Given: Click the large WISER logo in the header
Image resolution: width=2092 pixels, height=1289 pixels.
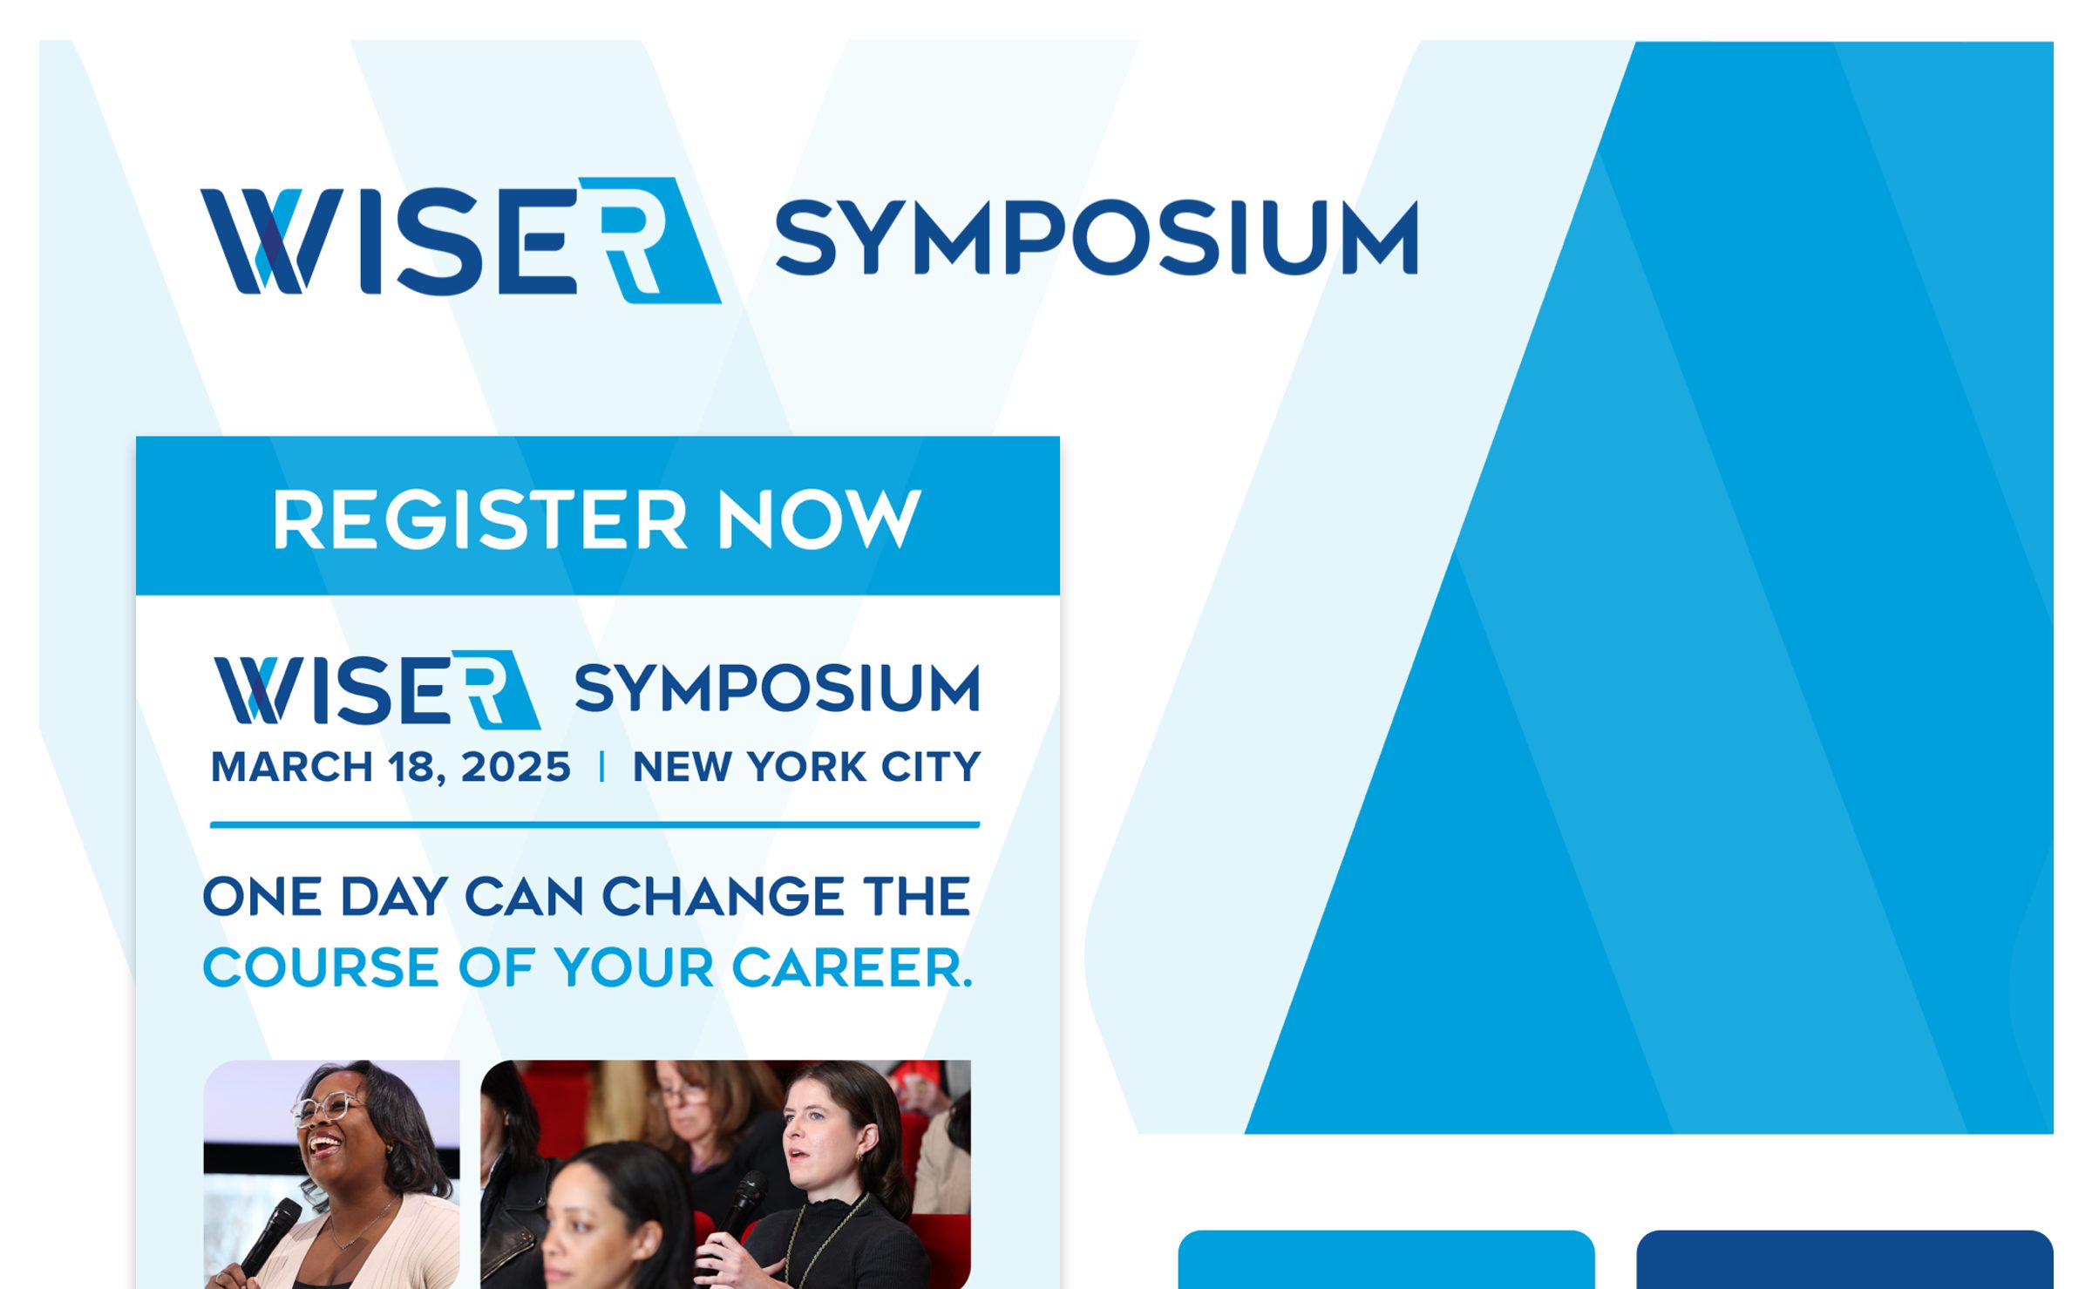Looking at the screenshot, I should (x=460, y=240).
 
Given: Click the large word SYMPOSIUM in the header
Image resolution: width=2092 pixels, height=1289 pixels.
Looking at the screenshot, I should (x=1097, y=237).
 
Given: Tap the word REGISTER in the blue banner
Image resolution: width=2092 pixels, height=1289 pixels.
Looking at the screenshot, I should (x=479, y=520).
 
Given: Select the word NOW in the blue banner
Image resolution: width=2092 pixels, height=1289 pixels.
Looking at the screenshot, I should (x=818, y=520).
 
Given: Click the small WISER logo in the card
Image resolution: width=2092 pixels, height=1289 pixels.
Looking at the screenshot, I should (x=377, y=690).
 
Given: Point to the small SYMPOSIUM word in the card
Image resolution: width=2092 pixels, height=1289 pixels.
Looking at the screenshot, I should (x=777, y=689).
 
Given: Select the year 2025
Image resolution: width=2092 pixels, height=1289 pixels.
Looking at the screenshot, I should (x=515, y=768).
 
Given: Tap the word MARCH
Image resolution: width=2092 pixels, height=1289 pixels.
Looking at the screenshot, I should (x=292, y=768).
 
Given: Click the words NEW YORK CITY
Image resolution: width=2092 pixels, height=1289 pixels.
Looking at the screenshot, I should (x=806, y=768).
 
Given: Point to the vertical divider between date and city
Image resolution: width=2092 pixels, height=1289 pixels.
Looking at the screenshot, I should (x=601, y=768).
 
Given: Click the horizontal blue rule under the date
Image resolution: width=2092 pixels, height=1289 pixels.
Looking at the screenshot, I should (x=594, y=824).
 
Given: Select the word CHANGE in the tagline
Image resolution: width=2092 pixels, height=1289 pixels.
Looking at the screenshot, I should (x=723, y=897).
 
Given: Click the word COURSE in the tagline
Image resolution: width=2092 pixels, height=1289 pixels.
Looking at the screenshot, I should (x=321, y=968).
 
